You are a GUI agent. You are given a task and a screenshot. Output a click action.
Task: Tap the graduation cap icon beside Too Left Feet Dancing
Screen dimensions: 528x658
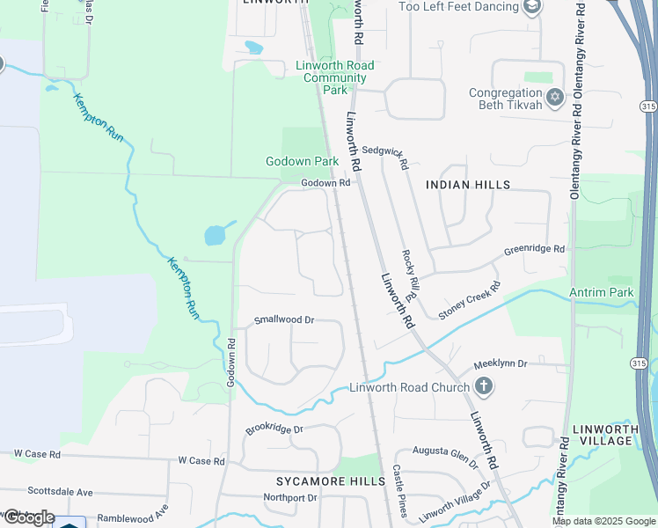coord(531,8)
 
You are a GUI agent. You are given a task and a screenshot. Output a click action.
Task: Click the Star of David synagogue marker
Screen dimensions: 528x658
coord(555,97)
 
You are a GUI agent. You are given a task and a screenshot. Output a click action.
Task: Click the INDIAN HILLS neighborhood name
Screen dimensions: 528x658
coord(468,185)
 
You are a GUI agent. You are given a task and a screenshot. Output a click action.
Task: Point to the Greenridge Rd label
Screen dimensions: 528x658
coord(534,250)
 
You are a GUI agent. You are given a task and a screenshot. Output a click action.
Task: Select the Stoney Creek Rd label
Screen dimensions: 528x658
coord(470,300)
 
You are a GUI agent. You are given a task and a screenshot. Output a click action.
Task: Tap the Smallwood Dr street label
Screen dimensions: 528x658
coord(284,320)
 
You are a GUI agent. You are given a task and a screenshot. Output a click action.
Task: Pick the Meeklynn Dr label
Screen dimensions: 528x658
coord(500,363)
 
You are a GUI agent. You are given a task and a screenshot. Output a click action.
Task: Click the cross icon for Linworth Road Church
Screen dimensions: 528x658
coord(483,385)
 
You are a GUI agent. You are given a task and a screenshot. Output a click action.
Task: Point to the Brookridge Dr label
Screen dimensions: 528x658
coord(274,429)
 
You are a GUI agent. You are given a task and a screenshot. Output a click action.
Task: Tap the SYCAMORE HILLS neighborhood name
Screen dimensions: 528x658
coord(331,481)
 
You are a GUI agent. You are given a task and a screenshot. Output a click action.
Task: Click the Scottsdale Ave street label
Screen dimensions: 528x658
coord(61,492)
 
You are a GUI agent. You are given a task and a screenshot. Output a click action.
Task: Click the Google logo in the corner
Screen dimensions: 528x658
coord(28,517)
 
